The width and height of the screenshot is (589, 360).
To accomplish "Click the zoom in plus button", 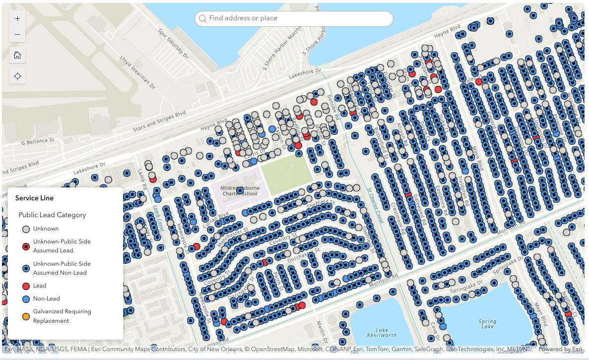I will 17,18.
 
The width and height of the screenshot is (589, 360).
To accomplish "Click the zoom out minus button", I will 17,35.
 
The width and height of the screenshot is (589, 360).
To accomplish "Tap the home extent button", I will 17,55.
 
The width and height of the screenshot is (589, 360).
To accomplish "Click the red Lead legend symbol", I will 25,286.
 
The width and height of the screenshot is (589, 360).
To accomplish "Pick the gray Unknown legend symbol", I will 25,229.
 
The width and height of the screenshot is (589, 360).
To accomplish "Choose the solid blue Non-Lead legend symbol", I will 25,299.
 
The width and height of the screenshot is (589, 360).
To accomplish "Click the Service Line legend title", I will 34,198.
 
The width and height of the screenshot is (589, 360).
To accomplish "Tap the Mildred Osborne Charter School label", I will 239,190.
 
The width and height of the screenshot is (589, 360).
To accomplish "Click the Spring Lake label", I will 487,324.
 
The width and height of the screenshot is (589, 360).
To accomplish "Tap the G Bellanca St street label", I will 38,141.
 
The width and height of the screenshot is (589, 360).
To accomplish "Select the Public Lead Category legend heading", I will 52,215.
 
